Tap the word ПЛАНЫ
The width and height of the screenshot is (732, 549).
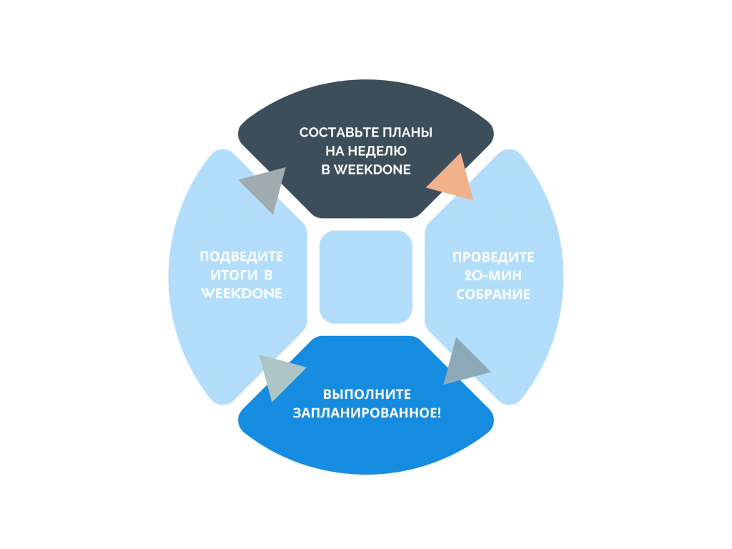(x=410, y=133)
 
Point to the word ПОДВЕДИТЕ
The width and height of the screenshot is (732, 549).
(x=241, y=257)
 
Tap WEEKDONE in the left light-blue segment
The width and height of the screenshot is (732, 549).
(x=241, y=293)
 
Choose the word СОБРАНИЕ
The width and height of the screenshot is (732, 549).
(x=493, y=294)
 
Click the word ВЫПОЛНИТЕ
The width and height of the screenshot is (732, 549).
(x=366, y=395)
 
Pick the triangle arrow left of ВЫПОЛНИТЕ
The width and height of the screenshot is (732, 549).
(x=280, y=375)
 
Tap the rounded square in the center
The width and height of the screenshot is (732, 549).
(x=366, y=277)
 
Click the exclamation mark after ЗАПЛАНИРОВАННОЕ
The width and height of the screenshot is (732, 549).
(x=438, y=412)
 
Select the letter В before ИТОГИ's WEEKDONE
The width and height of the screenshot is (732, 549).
(x=267, y=275)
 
